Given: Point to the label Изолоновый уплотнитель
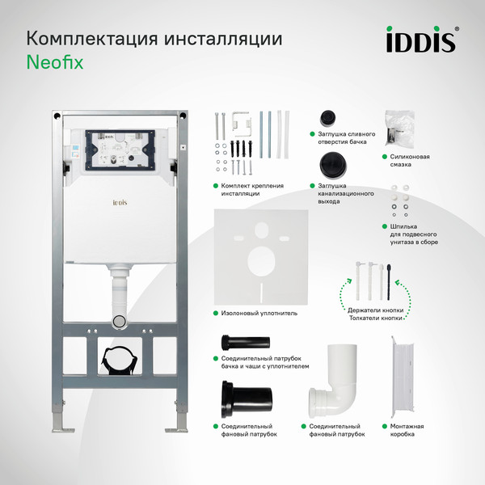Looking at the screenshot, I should pyautogui.click(x=259, y=312).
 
